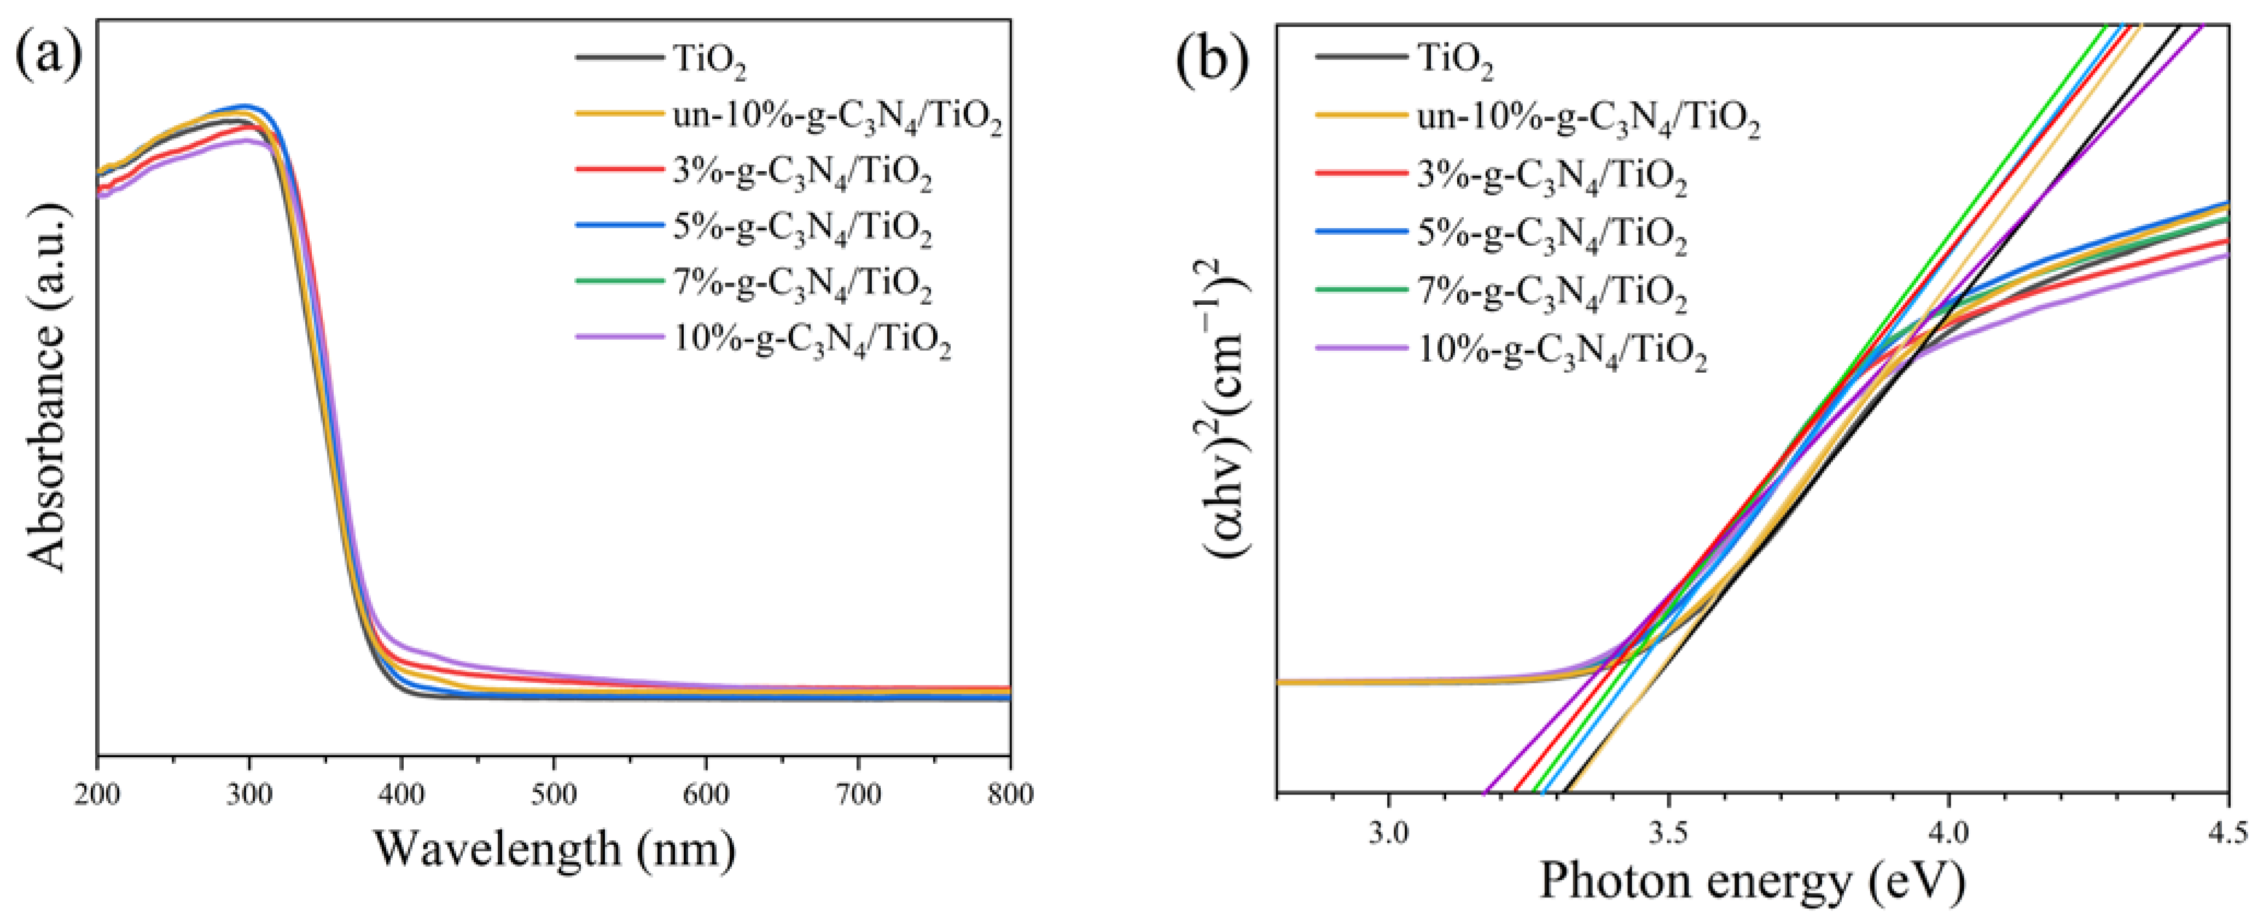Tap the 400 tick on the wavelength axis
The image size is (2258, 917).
pos(401,794)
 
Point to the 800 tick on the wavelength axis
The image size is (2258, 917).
pos(1010,794)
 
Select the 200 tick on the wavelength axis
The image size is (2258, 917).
pos(98,794)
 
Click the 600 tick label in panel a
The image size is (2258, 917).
pos(706,794)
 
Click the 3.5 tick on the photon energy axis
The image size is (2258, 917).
pos(1669,829)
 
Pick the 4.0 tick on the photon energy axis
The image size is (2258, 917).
pos(1948,829)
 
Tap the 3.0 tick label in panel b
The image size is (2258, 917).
pos(1389,829)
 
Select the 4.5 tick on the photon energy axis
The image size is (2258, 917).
pos(2226,829)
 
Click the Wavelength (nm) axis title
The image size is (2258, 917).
pos(555,850)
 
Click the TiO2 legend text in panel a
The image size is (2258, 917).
pos(710,60)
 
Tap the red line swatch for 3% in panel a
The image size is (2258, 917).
pos(619,169)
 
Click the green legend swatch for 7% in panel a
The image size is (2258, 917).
pos(619,281)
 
